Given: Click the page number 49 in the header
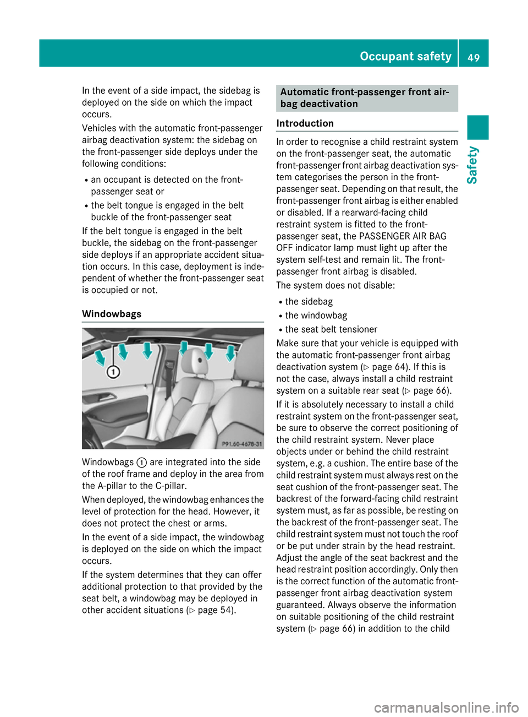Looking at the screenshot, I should tap(474, 57).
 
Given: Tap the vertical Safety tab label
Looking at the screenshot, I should tap(472, 165).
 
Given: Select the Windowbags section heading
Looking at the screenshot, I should tap(112, 314).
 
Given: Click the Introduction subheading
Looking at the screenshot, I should tap(305, 123).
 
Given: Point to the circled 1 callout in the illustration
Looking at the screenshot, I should tap(113, 372).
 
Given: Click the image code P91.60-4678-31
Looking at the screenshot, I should tap(241, 443).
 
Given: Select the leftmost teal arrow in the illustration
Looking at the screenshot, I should tap(100, 358).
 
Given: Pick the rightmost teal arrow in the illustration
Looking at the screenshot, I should tap(231, 352).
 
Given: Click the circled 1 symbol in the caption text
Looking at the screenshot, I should tap(141, 463).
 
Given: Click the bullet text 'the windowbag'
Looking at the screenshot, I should tap(316, 316).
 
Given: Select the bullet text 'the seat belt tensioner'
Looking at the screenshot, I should tap(331, 329).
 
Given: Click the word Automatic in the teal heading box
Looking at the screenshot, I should tap(307, 92).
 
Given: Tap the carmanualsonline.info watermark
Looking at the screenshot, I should tap(446, 708).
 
